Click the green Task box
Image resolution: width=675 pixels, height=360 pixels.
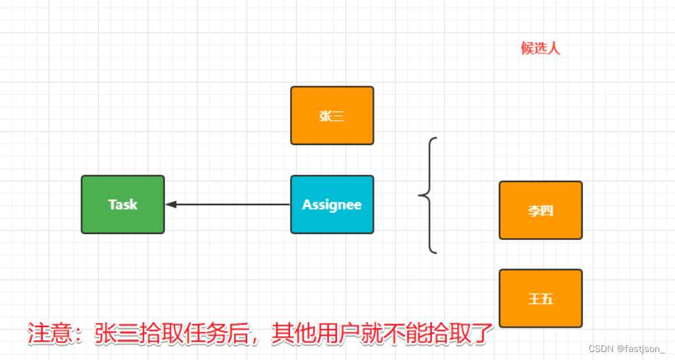point(123,204)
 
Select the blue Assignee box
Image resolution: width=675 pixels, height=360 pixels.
point(332,204)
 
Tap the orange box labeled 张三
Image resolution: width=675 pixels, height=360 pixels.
point(332,115)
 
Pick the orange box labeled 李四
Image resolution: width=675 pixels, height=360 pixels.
point(541,210)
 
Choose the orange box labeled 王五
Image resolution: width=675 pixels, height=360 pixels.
point(541,298)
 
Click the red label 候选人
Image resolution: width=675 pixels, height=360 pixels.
point(541,48)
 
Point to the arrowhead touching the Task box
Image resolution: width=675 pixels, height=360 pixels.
point(170,204)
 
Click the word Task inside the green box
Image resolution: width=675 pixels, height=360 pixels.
point(123,204)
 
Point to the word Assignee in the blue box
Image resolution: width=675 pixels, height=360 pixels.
point(332,204)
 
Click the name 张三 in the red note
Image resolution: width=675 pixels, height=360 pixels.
point(119,334)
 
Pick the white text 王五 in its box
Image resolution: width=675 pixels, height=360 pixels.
point(541,299)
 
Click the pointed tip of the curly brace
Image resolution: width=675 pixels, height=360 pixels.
point(419,195)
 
